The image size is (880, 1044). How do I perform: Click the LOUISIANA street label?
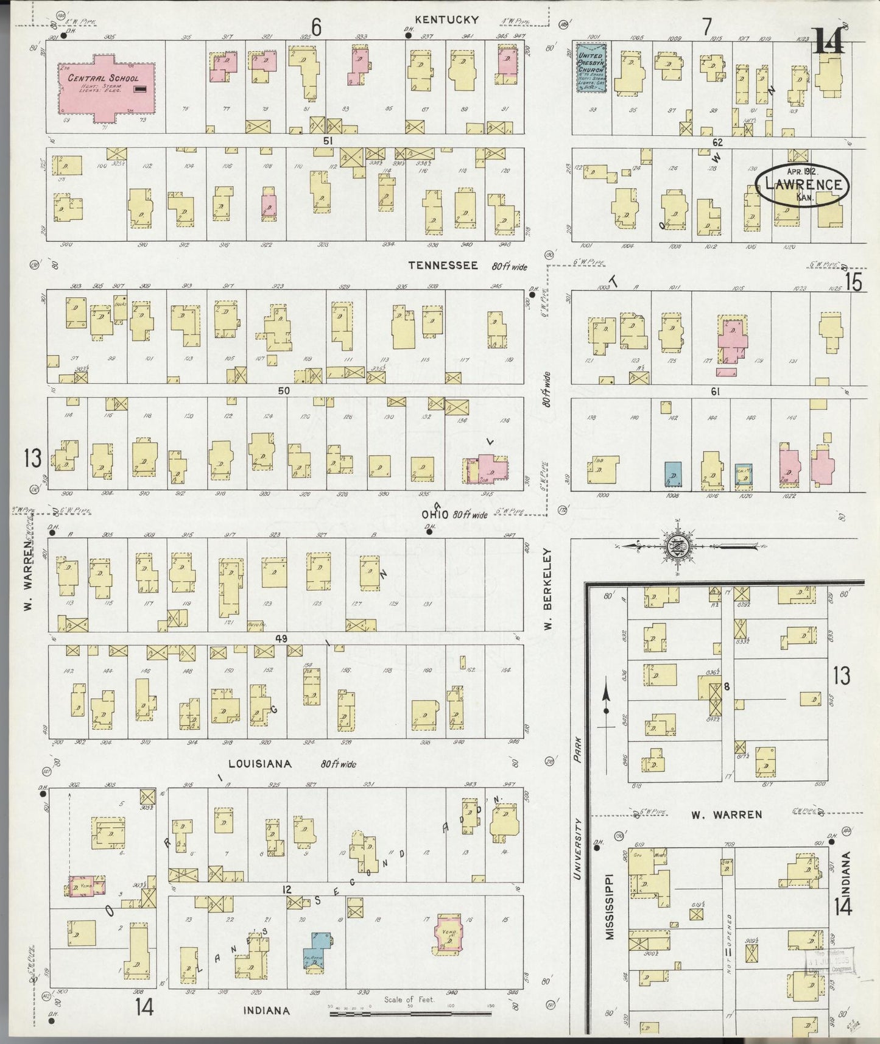(260, 763)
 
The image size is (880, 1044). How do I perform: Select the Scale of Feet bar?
(410, 1014)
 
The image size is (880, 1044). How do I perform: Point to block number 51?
(328, 141)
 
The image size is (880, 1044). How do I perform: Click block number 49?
(280, 638)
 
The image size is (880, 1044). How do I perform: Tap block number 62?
(717, 143)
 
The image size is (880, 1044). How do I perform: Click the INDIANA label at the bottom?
(266, 1010)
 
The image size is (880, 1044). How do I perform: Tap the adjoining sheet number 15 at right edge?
(853, 283)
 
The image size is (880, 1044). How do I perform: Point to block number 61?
(716, 392)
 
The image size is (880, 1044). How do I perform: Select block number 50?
(284, 390)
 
